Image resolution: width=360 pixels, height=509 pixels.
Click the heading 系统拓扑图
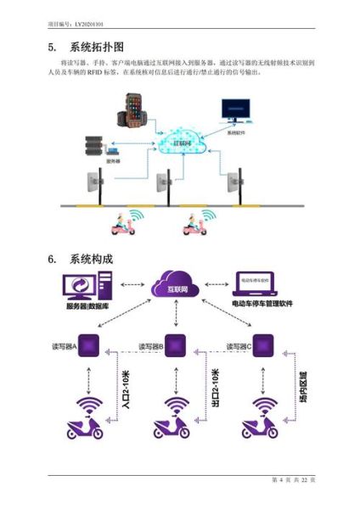(x=101, y=47)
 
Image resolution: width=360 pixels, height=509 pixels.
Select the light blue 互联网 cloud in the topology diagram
(x=182, y=143)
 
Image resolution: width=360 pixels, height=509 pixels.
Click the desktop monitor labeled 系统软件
(x=235, y=114)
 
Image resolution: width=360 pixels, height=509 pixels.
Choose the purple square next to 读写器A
(x=91, y=346)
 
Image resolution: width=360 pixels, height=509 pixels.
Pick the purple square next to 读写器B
(x=175, y=346)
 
